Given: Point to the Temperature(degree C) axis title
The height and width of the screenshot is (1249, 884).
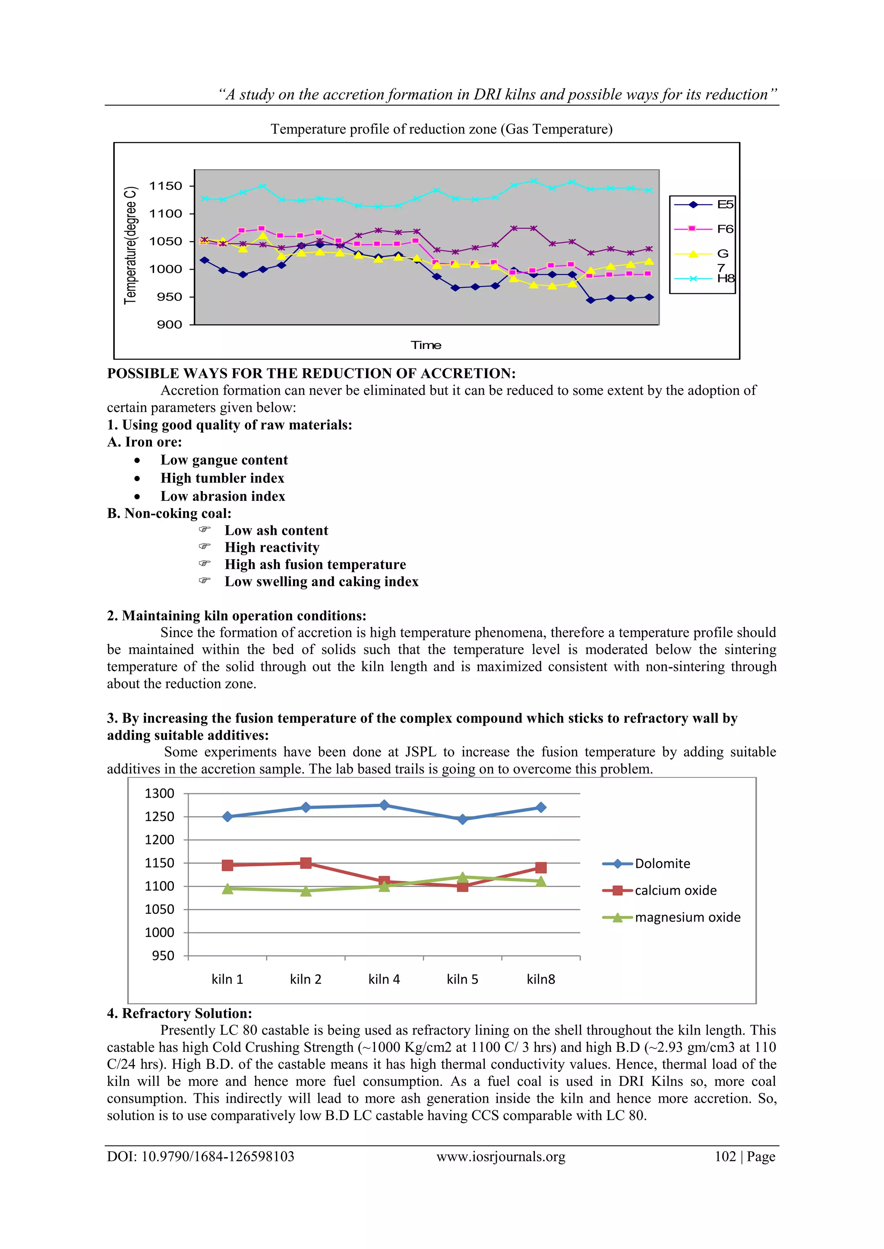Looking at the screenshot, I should click(x=130, y=245).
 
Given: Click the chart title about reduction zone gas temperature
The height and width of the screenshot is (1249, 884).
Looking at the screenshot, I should click(x=442, y=129).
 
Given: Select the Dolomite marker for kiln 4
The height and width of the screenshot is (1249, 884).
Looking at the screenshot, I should click(x=384, y=805).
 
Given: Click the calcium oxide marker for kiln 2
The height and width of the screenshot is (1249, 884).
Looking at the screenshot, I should click(x=306, y=863).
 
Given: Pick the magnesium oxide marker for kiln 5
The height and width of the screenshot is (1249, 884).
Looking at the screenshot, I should click(x=463, y=877).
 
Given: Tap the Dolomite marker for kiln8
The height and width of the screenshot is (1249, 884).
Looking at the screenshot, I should click(x=540, y=807).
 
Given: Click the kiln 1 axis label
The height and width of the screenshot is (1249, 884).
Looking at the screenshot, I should click(x=227, y=979).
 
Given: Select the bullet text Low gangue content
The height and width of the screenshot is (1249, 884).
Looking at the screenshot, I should click(x=224, y=460).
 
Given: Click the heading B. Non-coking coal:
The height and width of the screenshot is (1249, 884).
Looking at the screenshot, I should click(x=169, y=513).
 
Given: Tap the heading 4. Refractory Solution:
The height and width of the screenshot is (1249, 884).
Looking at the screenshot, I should click(x=180, y=1013).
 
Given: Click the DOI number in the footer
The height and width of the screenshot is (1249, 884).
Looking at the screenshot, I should click(x=201, y=1157).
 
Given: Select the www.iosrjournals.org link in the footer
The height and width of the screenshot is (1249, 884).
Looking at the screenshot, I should click(x=501, y=1157).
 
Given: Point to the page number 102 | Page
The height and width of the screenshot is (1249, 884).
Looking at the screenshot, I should click(x=745, y=1157).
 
